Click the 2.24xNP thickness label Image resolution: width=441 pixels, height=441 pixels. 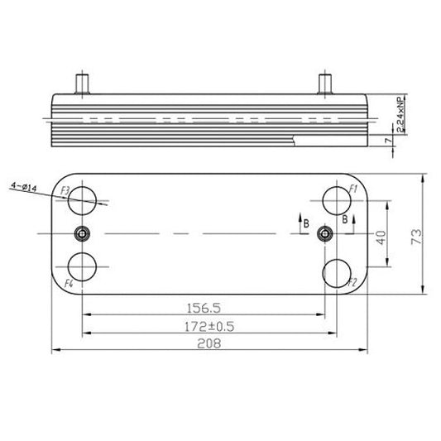(400, 115)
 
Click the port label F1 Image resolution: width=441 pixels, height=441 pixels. (353, 189)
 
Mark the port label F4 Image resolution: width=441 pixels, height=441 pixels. (70, 284)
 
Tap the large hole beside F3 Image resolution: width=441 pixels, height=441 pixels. (83, 199)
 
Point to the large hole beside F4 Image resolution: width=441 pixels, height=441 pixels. (83, 268)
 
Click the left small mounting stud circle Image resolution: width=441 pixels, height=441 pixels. (82, 232)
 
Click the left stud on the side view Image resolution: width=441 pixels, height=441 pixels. (83, 83)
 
